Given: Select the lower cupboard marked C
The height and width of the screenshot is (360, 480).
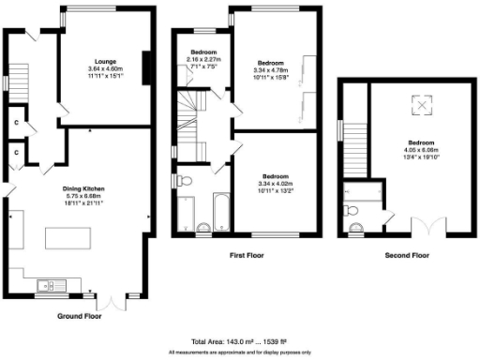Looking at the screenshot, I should [18, 152].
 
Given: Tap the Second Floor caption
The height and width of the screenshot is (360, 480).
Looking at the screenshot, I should [407, 254].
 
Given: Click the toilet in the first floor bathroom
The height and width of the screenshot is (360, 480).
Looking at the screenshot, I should [184, 180].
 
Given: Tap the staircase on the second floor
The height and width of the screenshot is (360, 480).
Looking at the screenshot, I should [354, 150].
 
